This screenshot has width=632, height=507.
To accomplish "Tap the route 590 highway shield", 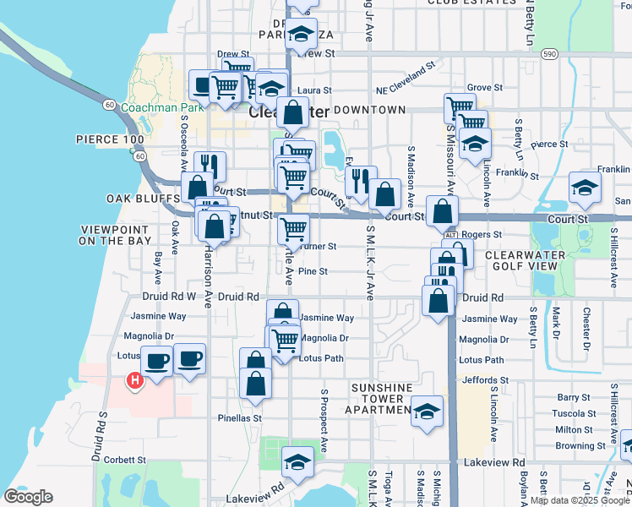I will tap(549, 54).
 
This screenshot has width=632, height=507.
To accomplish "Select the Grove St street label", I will tap(485, 87).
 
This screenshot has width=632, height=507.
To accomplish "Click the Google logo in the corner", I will tap(29, 497).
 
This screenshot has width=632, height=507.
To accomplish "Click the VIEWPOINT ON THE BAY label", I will tap(115, 236).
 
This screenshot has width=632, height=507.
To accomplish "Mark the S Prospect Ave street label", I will tap(324, 420).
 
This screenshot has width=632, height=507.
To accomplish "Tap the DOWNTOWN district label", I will tap(369, 110).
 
